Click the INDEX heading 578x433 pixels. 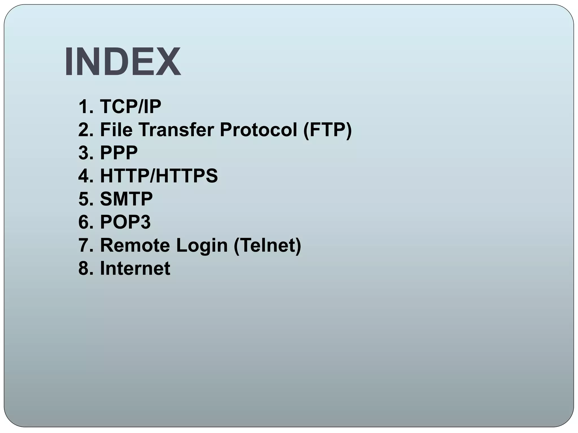[x=123, y=62]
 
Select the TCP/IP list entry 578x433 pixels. [x=130, y=107]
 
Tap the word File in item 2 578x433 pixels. [x=116, y=130]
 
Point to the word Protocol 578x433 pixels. [x=258, y=130]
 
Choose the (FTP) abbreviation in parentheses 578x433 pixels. [x=327, y=130]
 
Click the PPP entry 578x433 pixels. [x=119, y=153]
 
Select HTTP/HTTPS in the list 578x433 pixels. [x=159, y=176]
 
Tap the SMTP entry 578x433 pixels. [x=126, y=199]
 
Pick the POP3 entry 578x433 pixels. [x=125, y=222]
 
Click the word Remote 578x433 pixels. [x=135, y=245]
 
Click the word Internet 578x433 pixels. [x=135, y=268]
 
